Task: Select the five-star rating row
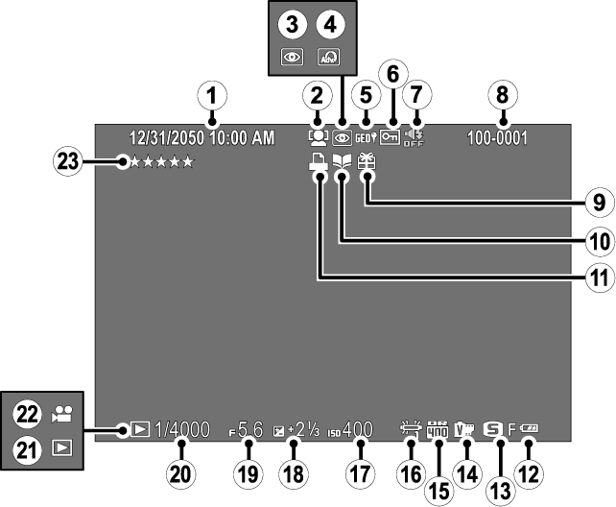point(162,162)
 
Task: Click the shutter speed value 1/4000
point(181,432)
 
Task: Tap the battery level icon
point(530,432)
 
